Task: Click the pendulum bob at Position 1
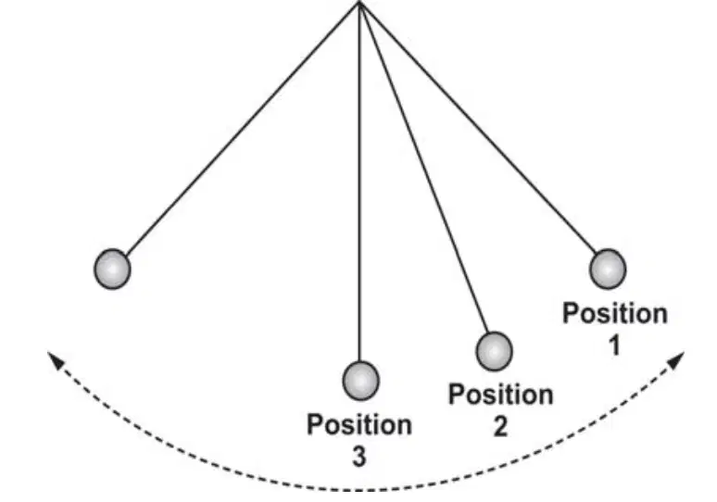[608, 270]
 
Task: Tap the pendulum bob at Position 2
[495, 351]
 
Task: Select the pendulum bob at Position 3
[360, 381]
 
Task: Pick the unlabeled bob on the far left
[112, 270]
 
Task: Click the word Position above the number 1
[615, 314]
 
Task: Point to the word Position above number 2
[501, 395]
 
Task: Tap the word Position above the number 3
[359, 425]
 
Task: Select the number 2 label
[501, 426]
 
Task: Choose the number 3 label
[359, 457]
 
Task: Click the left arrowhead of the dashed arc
[55, 358]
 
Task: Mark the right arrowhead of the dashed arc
[677, 358]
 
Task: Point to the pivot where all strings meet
[359, 3]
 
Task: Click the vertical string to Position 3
[359, 182]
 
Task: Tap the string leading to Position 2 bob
[425, 169]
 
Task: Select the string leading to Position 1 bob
[478, 128]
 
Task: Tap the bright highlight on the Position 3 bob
[360, 380]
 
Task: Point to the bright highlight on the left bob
[112, 269]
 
